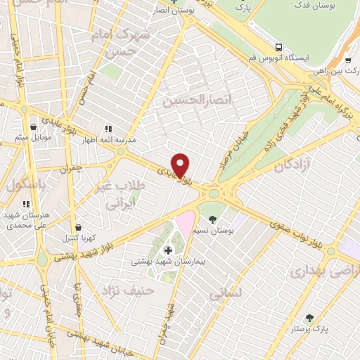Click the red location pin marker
[181, 165]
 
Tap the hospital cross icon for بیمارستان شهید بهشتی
[168, 250]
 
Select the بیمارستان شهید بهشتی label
[167, 262]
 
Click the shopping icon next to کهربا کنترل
[78, 227]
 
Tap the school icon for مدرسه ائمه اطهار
[108, 129]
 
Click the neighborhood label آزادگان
[273, 167]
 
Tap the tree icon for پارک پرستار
[309, 317]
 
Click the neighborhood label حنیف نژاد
[127, 290]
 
